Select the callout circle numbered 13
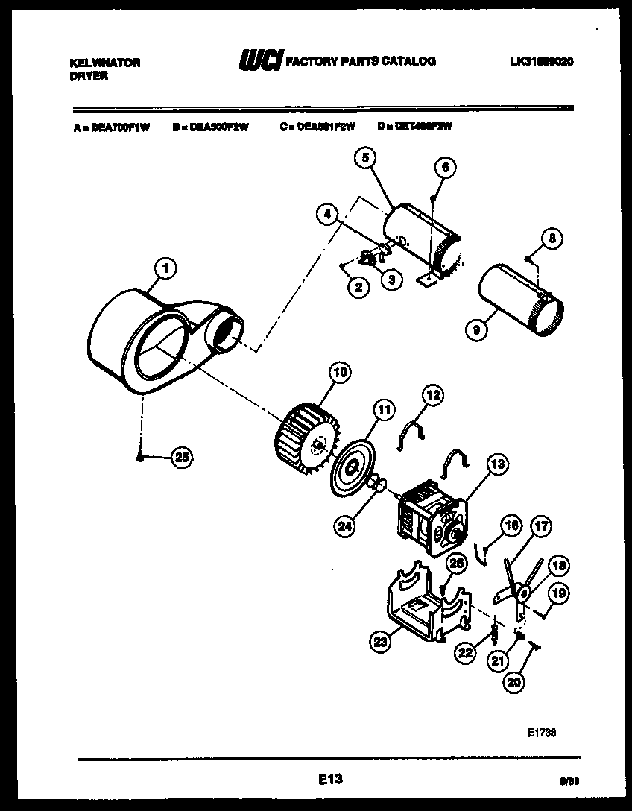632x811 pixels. [497, 465]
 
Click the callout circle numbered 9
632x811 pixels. [475, 326]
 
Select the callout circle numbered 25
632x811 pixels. [181, 458]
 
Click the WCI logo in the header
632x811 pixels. [260, 62]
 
